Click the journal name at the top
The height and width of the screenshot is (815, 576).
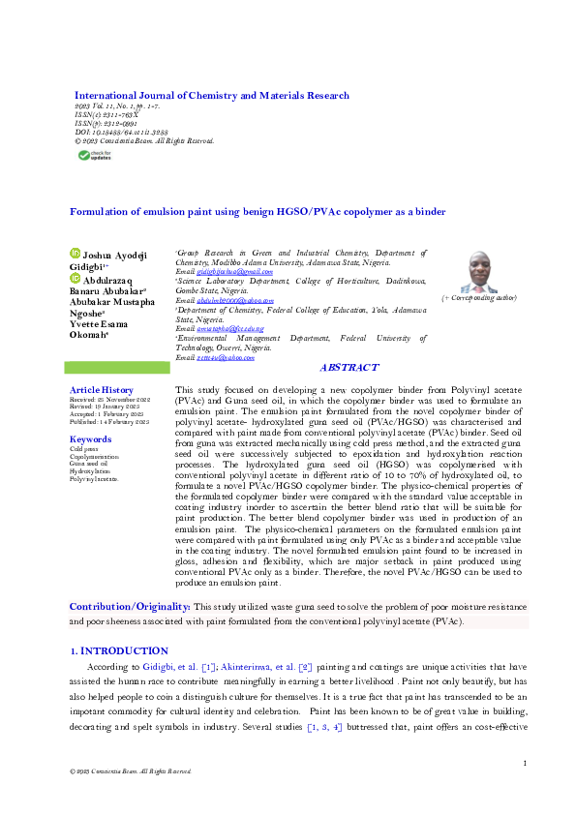212,96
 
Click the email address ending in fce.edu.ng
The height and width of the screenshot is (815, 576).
226,329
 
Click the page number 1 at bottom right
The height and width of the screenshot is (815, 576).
524,765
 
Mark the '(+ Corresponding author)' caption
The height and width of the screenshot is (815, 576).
477,301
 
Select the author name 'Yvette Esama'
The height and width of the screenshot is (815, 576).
99,324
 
